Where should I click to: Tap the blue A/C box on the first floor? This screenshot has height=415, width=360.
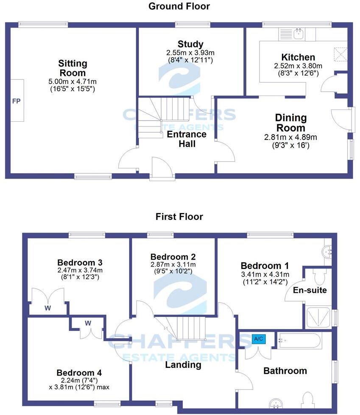click(258, 339)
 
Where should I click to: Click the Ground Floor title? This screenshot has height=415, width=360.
click(179, 6)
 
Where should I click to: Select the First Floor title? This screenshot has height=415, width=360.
click(179, 217)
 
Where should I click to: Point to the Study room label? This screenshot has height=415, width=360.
click(190, 44)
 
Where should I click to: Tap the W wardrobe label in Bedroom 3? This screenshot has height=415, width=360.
click(47, 308)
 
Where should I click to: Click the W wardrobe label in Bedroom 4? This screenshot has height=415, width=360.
click(88, 323)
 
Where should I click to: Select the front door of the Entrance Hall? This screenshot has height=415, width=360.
click(162, 169)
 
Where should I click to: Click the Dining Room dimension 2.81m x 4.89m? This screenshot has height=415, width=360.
click(290, 137)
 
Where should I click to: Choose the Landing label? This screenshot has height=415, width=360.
click(183, 365)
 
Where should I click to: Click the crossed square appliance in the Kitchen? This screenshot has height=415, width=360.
click(340, 54)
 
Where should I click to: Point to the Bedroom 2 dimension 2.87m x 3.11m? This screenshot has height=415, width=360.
click(173, 265)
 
